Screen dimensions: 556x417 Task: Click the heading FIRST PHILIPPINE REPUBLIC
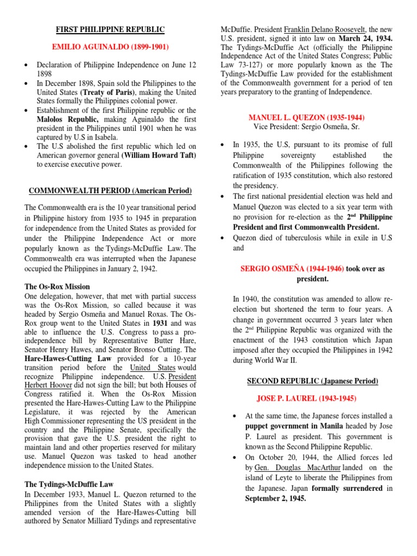click(111, 29)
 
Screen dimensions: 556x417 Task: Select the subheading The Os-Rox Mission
click(58, 286)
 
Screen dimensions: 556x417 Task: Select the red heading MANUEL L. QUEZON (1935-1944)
click(306, 117)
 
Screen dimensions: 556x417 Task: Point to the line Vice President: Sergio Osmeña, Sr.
click(306, 127)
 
